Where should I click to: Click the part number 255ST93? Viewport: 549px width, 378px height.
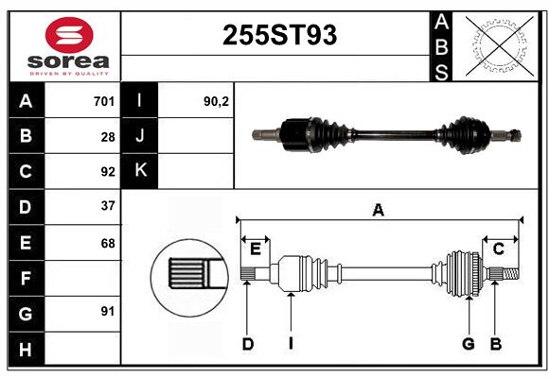[x=279, y=35]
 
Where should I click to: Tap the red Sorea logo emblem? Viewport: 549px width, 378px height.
[x=69, y=35]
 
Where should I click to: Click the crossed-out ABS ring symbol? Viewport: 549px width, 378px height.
[x=500, y=46]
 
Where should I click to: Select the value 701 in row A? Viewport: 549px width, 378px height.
[x=104, y=101]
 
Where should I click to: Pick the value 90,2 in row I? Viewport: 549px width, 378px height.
[x=216, y=101]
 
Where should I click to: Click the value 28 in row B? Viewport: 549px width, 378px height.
[x=108, y=137]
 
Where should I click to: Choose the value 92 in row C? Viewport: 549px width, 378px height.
[x=108, y=172]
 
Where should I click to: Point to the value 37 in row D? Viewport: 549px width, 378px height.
[x=108, y=206]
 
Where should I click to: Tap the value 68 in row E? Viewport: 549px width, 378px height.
[x=108, y=243]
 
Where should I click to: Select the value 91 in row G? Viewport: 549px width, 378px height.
[x=108, y=311]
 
